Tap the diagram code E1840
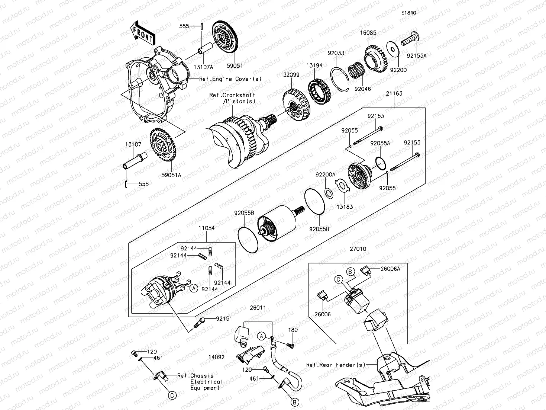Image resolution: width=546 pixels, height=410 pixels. (x=408, y=13)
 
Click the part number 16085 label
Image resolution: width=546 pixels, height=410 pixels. (x=368, y=33)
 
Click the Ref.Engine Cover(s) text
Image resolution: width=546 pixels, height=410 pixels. (x=230, y=79)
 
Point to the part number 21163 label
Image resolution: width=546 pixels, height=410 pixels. (x=394, y=94)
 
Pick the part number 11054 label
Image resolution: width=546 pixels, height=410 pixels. (x=206, y=228)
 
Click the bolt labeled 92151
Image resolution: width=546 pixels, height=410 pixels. (x=199, y=322)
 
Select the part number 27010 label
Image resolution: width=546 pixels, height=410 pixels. (x=358, y=249)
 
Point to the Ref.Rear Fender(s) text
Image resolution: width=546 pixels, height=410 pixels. (x=336, y=365)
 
